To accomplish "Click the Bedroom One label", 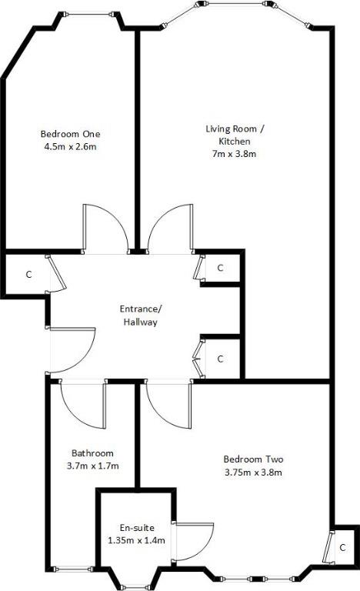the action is (71, 134).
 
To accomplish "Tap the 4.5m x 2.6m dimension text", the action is (71, 147).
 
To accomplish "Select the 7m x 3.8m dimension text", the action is (235, 154).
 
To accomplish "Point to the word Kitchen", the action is (235, 142).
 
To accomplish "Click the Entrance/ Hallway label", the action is (141, 316).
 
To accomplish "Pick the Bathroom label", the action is (92, 453).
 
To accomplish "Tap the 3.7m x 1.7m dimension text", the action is (93, 466).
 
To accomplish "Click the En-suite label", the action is (137, 528).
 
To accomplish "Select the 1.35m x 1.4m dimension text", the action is (136, 540).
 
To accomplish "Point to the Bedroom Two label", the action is (253, 459).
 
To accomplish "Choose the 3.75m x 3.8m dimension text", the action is (253, 472).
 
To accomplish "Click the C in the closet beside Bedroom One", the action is (29, 275).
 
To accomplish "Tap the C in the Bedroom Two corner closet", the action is (342, 547).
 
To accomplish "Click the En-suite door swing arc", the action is (205, 551).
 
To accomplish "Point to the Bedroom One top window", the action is (88, 15).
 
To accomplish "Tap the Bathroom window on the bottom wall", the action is (72, 569).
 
